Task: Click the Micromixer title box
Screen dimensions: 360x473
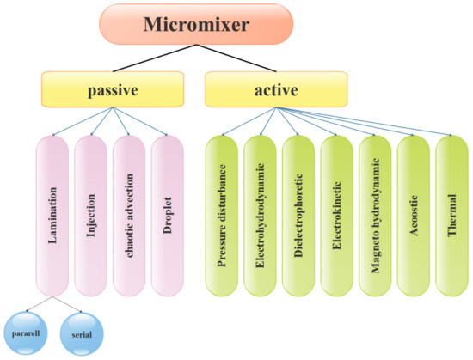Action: tap(203, 27)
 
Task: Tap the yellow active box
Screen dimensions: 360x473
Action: tap(276, 88)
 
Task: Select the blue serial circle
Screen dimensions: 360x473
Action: tap(82, 328)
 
